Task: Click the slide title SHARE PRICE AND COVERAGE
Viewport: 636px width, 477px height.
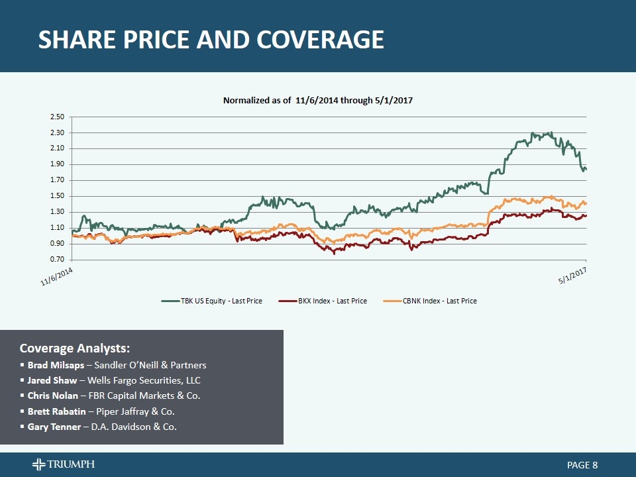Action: pyautogui.click(x=211, y=40)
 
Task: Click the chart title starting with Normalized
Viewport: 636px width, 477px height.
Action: pyautogui.click(x=318, y=100)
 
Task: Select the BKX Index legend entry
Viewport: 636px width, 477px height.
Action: pyautogui.click(x=323, y=301)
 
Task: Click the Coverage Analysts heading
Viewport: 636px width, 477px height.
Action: pyautogui.click(x=75, y=348)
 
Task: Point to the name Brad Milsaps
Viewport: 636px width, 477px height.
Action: pyautogui.click(x=56, y=365)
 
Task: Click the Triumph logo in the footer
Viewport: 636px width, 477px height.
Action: pyautogui.click(x=64, y=464)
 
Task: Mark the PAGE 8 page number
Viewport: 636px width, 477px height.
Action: pyautogui.click(x=583, y=465)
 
